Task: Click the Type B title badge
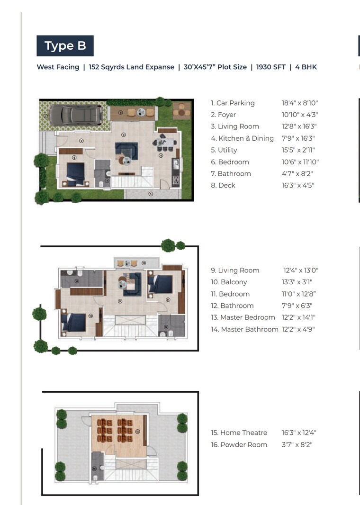(x=65, y=46)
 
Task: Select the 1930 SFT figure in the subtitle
(x=270, y=67)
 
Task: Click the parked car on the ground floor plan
(x=76, y=115)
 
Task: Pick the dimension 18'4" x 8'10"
(x=299, y=103)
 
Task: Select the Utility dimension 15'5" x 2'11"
(x=299, y=150)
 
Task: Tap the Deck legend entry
(x=223, y=186)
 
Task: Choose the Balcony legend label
(x=229, y=282)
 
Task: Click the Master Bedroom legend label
(x=243, y=317)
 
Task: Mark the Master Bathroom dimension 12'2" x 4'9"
(x=299, y=329)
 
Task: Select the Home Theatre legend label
(x=239, y=433)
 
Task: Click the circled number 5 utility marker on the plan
(x=151, y=194)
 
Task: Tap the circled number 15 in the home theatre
(x=137, y=432)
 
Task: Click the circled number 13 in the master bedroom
(x=90, y=315)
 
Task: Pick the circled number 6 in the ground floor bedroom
(x=74, y=158)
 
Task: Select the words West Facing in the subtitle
(x=58, y=67)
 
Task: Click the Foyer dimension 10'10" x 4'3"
(x=299, y=115)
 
